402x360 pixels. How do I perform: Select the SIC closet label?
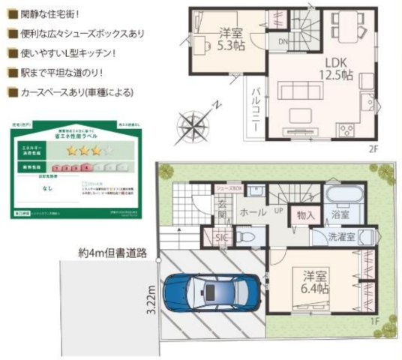tap(223, 239)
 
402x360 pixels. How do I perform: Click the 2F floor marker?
tap(373, 148)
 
